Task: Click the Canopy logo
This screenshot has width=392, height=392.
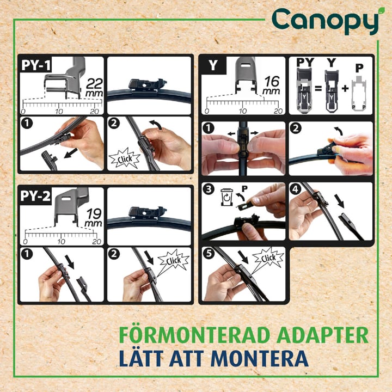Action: (x=326, y=21)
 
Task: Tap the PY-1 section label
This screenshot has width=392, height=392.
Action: (x=36, y=65)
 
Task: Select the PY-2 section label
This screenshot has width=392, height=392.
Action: (x=35, y=196)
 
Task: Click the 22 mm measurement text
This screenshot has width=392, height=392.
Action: (x=94, y=87)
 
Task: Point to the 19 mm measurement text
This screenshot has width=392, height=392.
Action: (x=94, y=217)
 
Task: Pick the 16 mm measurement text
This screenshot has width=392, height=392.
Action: (x=272, y=85)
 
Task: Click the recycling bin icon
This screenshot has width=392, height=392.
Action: (x=226, y=198)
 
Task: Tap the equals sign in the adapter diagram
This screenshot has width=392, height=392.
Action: (x=318, y=88)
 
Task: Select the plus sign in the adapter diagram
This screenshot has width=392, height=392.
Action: (x=345, y=88)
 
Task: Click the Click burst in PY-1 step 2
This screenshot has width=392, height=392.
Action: (x=124, y=158)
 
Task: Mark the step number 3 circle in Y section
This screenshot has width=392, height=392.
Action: (x=209, y=189)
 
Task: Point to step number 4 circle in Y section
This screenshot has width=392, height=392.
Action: (x=296, y=189)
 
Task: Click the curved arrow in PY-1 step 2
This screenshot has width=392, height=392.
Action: (x=156, y=124)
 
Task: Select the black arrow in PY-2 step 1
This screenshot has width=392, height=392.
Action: (x=70, y=261)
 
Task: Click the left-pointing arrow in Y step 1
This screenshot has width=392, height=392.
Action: (x=231, y=134)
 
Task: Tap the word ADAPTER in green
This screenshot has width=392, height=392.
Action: (x=322, y=335)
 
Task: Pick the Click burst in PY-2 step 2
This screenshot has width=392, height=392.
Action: (x=173, y=260)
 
